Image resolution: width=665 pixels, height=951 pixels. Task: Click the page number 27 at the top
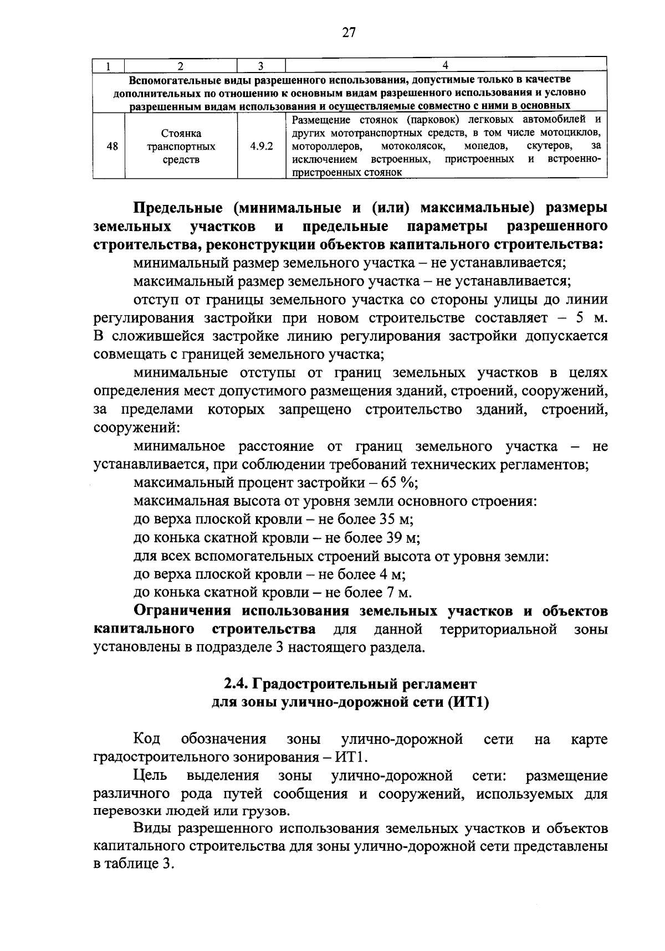pos(348,33)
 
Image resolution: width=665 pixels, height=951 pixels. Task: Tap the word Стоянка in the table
pos(181,134)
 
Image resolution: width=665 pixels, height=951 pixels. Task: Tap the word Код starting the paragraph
pos(147,739)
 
